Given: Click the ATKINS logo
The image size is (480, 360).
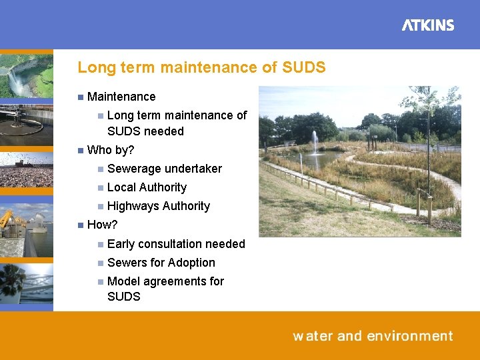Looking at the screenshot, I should pyautogui.click(x=428, y=25).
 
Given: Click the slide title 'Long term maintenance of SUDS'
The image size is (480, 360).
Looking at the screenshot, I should pyautogui.click(x=201, y=67).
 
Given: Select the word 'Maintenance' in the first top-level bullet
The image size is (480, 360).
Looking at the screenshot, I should pyautogui.click(x=121, y=97).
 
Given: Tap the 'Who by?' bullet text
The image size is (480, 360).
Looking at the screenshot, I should pyautogui.click(x=111, y=150).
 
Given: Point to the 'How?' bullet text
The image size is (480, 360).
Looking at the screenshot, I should pyautogui.click(x=102, y=225).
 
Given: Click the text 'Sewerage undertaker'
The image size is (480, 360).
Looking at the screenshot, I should pyautogui.click(x=164, y=169).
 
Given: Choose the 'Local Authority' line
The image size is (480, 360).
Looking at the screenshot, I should pyautogui.click(x=147, y=187).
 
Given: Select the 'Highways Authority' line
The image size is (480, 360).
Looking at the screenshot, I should pyautogui.click(x=158, y=206).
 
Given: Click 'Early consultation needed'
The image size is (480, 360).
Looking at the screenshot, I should pyautogui.click(x=176, y=244).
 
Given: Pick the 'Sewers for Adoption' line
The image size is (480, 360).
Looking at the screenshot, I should pyautogui.click(x=161, y=263).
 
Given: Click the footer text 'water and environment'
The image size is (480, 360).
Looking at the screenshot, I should pyautogui.click(x=373, y=336).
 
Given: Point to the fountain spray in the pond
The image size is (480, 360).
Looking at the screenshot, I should pyautogui.click(x=314, y=142).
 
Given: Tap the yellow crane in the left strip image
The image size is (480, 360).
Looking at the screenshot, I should pyautogui.click(x=7, y=219).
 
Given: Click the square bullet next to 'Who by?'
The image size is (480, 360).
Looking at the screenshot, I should pyautogui.click(x=80, y=150).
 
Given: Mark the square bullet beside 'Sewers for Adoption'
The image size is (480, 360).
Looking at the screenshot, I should pyautogui.click(x=100, y=263).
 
